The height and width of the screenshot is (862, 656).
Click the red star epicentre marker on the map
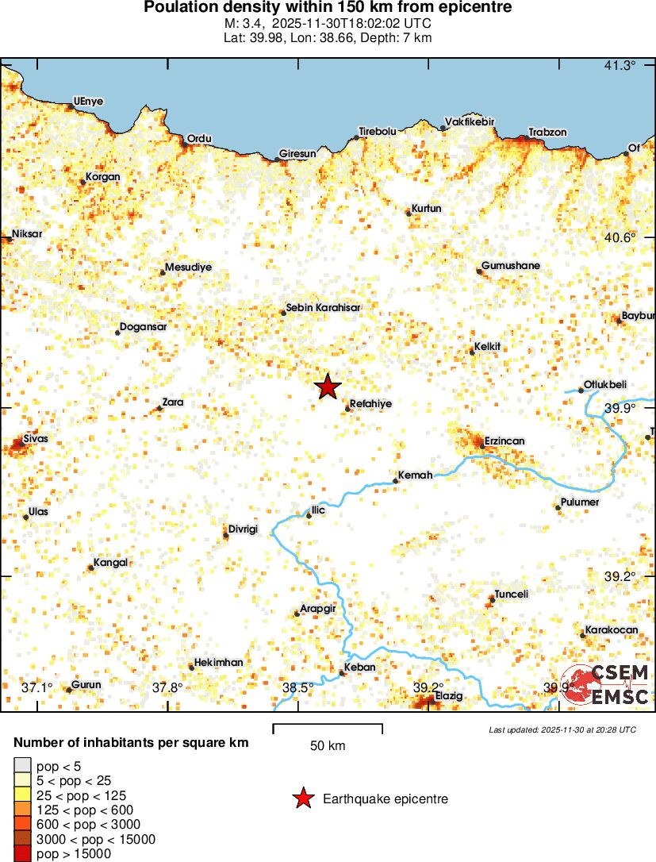328,387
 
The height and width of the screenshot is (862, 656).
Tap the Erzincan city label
504,441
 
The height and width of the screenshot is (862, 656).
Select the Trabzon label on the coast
547,133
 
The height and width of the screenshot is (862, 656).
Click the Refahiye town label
370,403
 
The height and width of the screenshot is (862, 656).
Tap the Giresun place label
297,153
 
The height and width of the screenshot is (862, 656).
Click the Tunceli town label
511,594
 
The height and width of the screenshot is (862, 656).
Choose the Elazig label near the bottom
449,696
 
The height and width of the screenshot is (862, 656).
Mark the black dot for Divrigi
226,535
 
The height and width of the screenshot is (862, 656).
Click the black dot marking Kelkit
472,352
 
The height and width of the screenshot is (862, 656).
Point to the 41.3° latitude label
620,65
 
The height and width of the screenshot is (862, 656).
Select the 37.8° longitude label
167,687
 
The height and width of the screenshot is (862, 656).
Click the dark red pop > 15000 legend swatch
23,853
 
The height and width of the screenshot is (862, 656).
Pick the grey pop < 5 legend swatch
23,766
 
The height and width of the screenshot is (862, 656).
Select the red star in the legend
303,799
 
